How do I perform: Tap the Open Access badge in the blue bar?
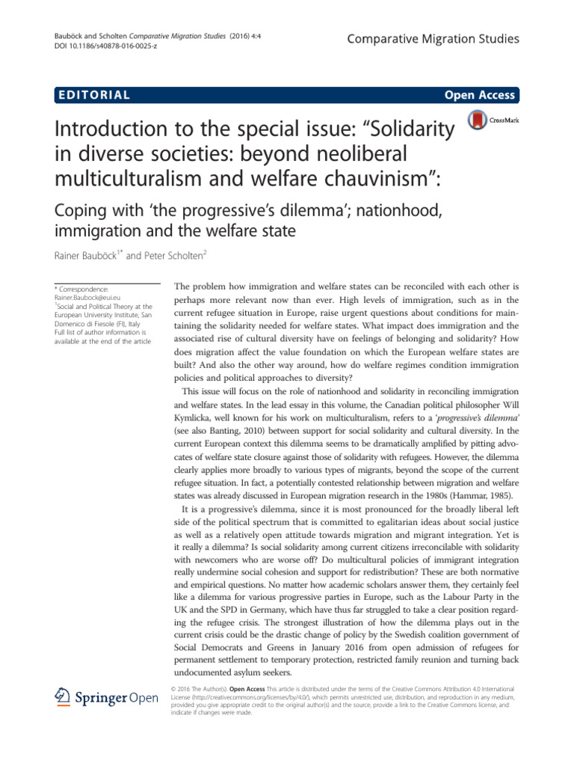click(x=479, y=95)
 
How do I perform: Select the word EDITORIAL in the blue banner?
click(x=93, y=95)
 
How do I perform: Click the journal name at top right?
click(x=433, y=38)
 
